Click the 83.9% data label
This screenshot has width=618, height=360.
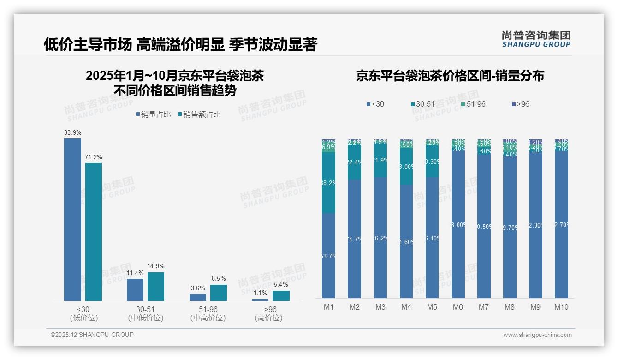tap(73, 133)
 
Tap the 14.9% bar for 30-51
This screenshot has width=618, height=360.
tap(156, 287)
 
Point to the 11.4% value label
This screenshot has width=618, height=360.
tap(135, 273)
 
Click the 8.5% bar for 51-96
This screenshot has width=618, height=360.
tap(219, 293)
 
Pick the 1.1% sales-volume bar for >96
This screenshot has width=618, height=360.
tap(260, 300)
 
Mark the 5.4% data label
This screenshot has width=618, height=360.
tap(281, 285)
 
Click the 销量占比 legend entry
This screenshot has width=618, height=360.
tap(152, 114)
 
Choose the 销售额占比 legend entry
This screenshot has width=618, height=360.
tap(199, 114)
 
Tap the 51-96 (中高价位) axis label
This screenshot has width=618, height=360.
tap(208, 313)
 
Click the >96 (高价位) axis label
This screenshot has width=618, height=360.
tap(270, 313)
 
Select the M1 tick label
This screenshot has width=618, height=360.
tap(328, 307)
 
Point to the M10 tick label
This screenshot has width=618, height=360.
tap(561, 307)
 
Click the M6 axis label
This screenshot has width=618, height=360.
tap(458, 307)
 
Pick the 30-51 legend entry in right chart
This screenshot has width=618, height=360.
tap(422, 104)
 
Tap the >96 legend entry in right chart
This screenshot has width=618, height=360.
tap(520, 104)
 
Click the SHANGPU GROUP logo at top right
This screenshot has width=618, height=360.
tap(536, 39)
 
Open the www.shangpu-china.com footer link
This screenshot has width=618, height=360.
tap(537, 335)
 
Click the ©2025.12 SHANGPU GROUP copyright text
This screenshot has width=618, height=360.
tap(92, 335)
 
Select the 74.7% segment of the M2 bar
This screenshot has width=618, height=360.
tap(354, 239)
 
